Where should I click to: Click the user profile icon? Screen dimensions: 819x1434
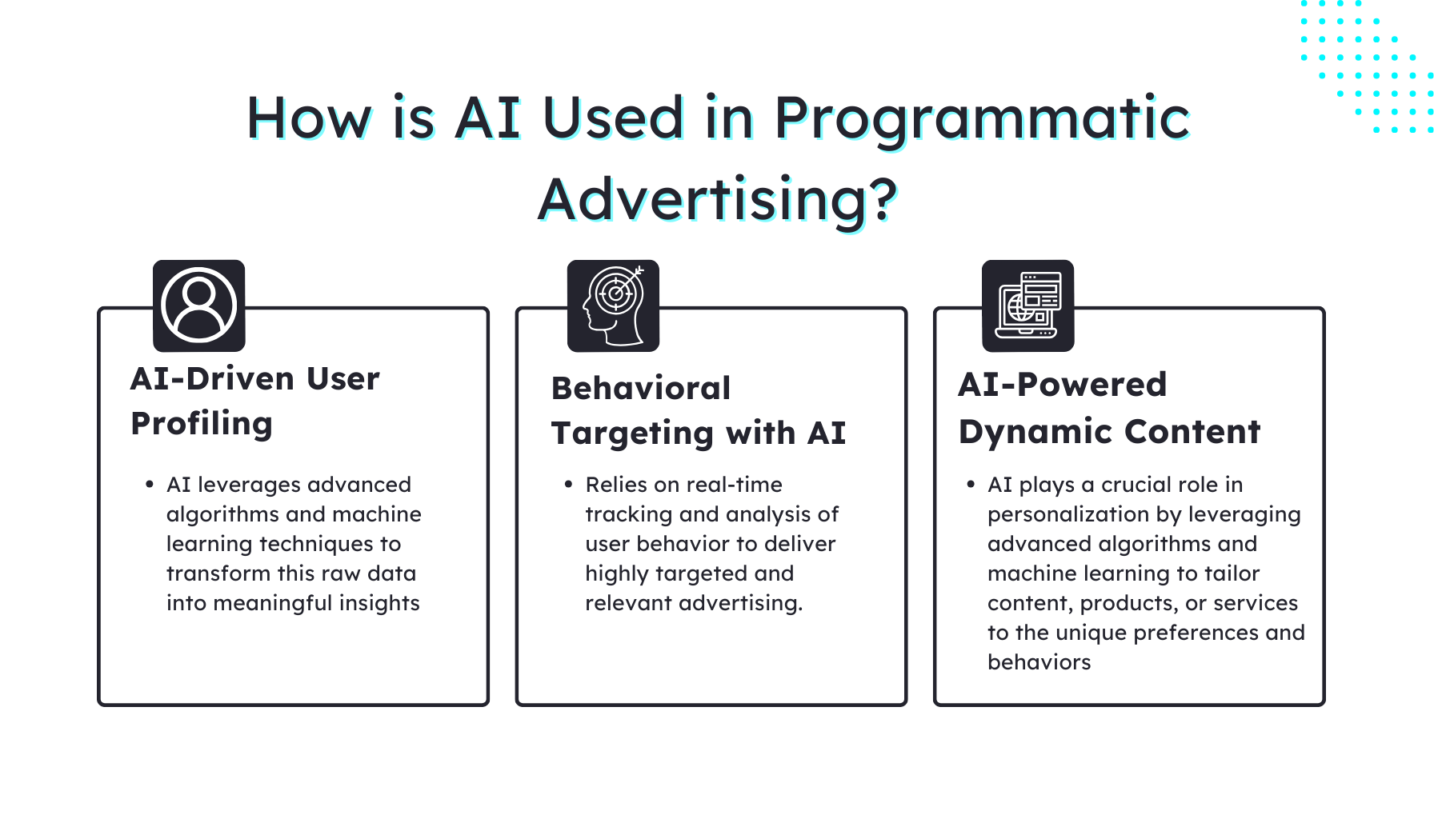198,306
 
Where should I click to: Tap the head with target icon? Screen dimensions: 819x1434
613,306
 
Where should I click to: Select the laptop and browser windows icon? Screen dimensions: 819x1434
1027,306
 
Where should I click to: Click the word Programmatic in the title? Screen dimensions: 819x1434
982,118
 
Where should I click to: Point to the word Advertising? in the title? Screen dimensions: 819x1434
717,200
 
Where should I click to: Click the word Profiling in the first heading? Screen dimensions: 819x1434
202,424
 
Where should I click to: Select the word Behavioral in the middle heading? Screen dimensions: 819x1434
641,389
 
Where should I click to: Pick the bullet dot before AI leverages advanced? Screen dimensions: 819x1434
150,485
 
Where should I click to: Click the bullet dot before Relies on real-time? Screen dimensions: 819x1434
568,485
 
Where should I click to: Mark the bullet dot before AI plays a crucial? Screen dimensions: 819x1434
971,485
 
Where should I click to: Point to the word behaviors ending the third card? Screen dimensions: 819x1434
1039,662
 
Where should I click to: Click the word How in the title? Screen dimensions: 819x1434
309,118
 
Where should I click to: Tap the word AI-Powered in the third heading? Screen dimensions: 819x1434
1062,386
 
